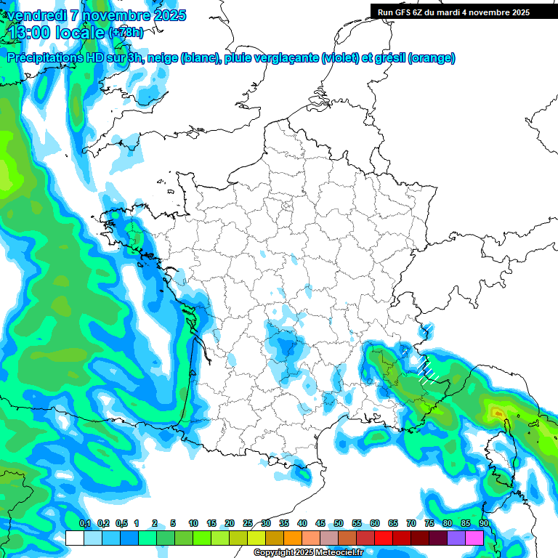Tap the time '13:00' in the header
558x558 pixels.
(x=29, y=33)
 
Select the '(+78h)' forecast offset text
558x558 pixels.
(x=125, y=33)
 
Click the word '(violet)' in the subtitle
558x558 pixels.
(x=339, y=58)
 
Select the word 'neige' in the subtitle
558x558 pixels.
(x=162, y=58)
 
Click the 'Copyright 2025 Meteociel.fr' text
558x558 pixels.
(x=308, y=553)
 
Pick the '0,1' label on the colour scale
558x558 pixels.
(x=85, y=523)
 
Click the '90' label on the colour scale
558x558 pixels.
(x=484, y=523)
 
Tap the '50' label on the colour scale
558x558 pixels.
(x=339, y=523)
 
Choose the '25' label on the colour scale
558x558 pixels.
(x=248, y=523)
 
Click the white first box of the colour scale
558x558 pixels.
(x=74, y=538)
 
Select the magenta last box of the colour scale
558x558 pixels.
(x=474, y=538)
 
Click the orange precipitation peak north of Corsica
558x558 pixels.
(x=498, y=413)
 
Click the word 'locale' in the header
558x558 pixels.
(x=80, y=33)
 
